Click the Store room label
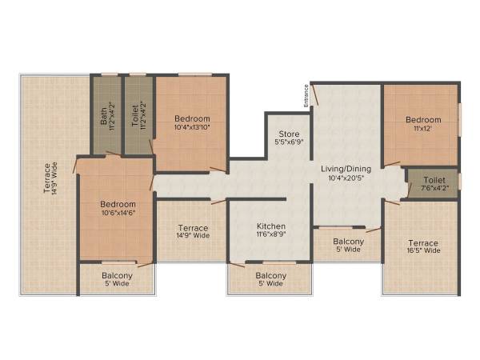(289, 133)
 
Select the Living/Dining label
(343, 169)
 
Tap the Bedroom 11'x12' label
(423, 120)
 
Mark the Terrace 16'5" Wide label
(422, 243)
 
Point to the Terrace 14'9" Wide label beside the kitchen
(193, 228)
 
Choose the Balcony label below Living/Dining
(349, 242)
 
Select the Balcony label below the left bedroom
(117, 276)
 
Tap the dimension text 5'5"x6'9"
(289, 142)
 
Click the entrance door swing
(317, 93)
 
